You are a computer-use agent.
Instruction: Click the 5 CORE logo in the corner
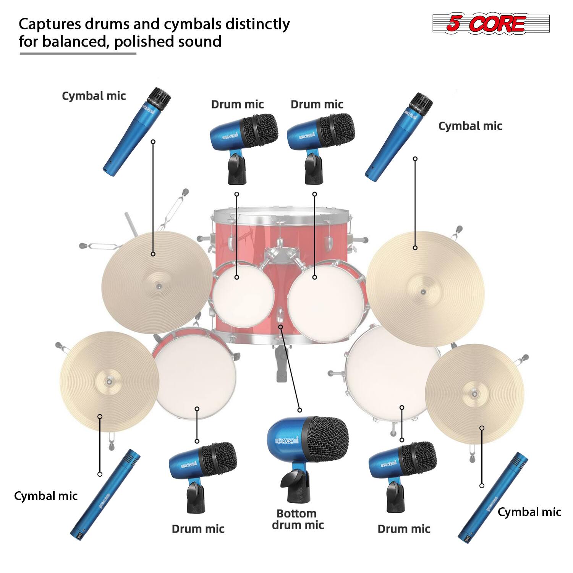pyautogui.click(x=490, y=24)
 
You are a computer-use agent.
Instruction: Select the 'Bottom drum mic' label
pyautogui.click(x=297, y=519)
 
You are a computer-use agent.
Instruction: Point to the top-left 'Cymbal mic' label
pyautogui.click(x=94, y=95)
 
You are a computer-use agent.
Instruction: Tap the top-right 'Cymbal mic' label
pyautogui.click(x=470, y=126)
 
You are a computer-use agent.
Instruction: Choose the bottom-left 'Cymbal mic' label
pyautogui.click(x=45, y=496)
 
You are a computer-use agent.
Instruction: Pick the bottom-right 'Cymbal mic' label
pyautogui.click(x=529, y=512)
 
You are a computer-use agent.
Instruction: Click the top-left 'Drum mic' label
pyautogui.click(x=237, y=104)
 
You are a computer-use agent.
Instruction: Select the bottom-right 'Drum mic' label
pyautogui.click(x=404, y=529)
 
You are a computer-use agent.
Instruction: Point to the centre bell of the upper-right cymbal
pyautogui.click(x=422, y=292)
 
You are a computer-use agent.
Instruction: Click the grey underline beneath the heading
pyautogui.click(x=78, y=53)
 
